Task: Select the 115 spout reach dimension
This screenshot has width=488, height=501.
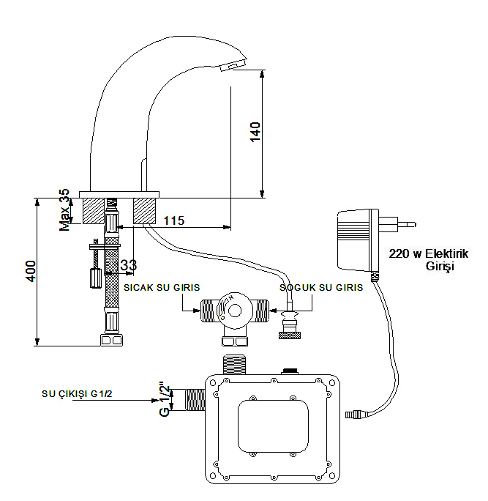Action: [173, 220]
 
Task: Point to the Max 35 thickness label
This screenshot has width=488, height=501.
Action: [65, 209]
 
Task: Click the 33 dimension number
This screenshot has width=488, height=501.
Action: [128, 264]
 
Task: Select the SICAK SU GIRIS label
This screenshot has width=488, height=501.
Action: [162, 288]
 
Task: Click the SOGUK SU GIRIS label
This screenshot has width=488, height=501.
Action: [321, 288]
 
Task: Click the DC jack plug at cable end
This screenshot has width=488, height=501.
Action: [354, 416]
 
